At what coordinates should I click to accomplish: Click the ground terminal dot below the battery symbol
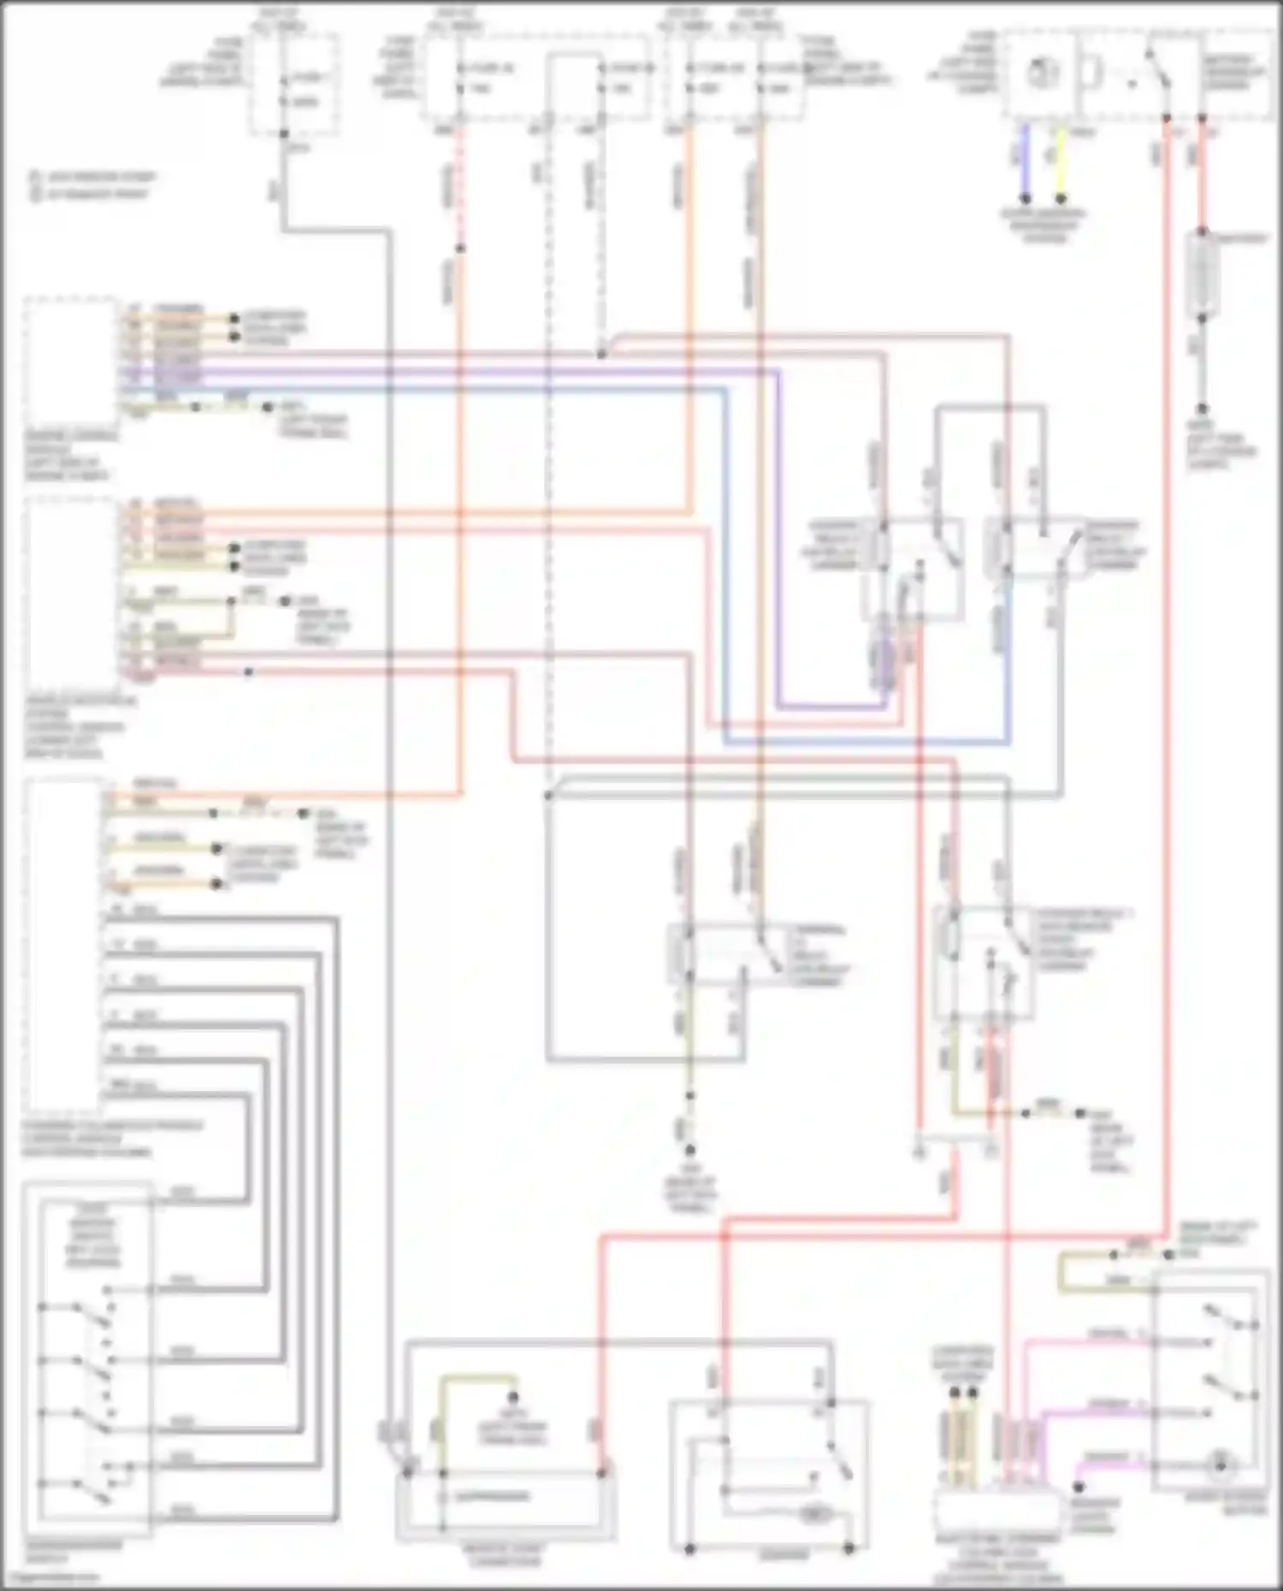[1202, 409]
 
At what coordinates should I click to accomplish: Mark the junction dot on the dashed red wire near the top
[460, 249]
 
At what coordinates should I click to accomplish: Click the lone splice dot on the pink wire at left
[248, 673]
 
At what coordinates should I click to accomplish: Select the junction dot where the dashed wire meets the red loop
[601, 353]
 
